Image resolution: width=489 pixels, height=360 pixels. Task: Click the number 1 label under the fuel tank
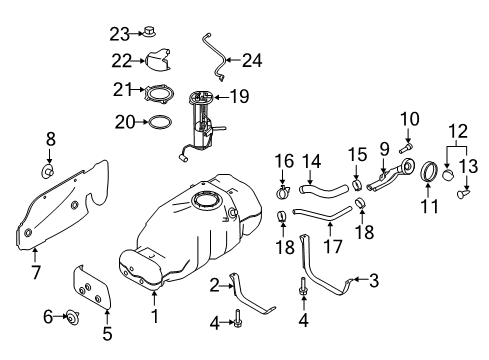click(155, 317)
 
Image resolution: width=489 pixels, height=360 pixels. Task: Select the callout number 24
click(252, 60)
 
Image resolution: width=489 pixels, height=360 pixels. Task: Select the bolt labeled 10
click(405, 147)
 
